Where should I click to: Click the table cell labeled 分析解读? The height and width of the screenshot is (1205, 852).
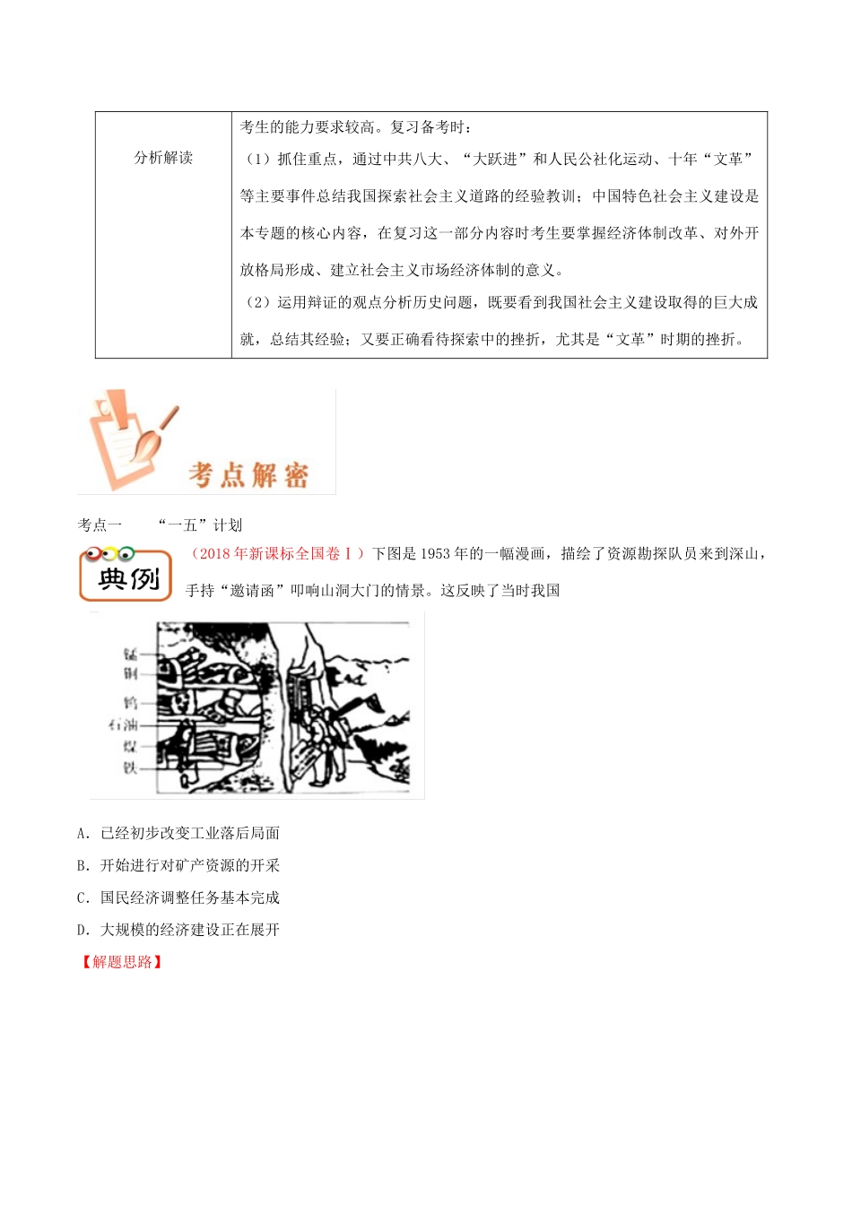click(163, 158)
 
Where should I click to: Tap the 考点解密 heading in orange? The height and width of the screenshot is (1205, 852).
click(248, 474)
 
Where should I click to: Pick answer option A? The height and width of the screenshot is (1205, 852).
click(178, 833)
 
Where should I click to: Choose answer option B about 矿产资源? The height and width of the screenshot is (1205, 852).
click(178, 865)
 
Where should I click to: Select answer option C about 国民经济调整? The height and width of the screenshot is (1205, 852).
click(178, 897)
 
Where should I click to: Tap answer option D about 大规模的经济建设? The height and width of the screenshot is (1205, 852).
click(178, 930)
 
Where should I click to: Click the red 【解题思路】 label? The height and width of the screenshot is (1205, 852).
click(122, 962)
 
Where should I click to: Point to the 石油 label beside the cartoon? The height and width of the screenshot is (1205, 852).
click(123, 724)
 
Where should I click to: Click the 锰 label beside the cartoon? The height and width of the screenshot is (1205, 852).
click(131, 654)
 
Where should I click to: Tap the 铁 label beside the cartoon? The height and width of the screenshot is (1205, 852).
click(131, 767)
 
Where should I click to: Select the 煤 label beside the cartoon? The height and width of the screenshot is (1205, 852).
click(131, 746)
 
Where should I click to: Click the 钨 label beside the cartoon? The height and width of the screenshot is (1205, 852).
click(131, 703)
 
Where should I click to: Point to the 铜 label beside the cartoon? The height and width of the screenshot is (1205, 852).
click(131, 673)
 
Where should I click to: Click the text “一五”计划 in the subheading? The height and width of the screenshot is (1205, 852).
click(199, 525)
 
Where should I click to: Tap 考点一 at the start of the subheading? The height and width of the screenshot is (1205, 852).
click(100, 525)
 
